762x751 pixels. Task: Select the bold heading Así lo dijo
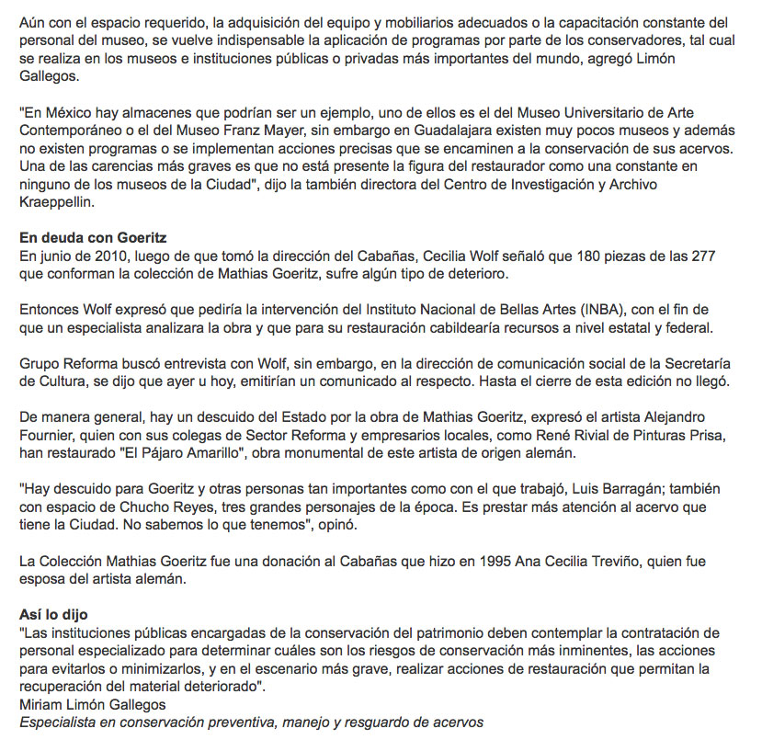click(54, 613)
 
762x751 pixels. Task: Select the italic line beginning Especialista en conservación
click(251, 722)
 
